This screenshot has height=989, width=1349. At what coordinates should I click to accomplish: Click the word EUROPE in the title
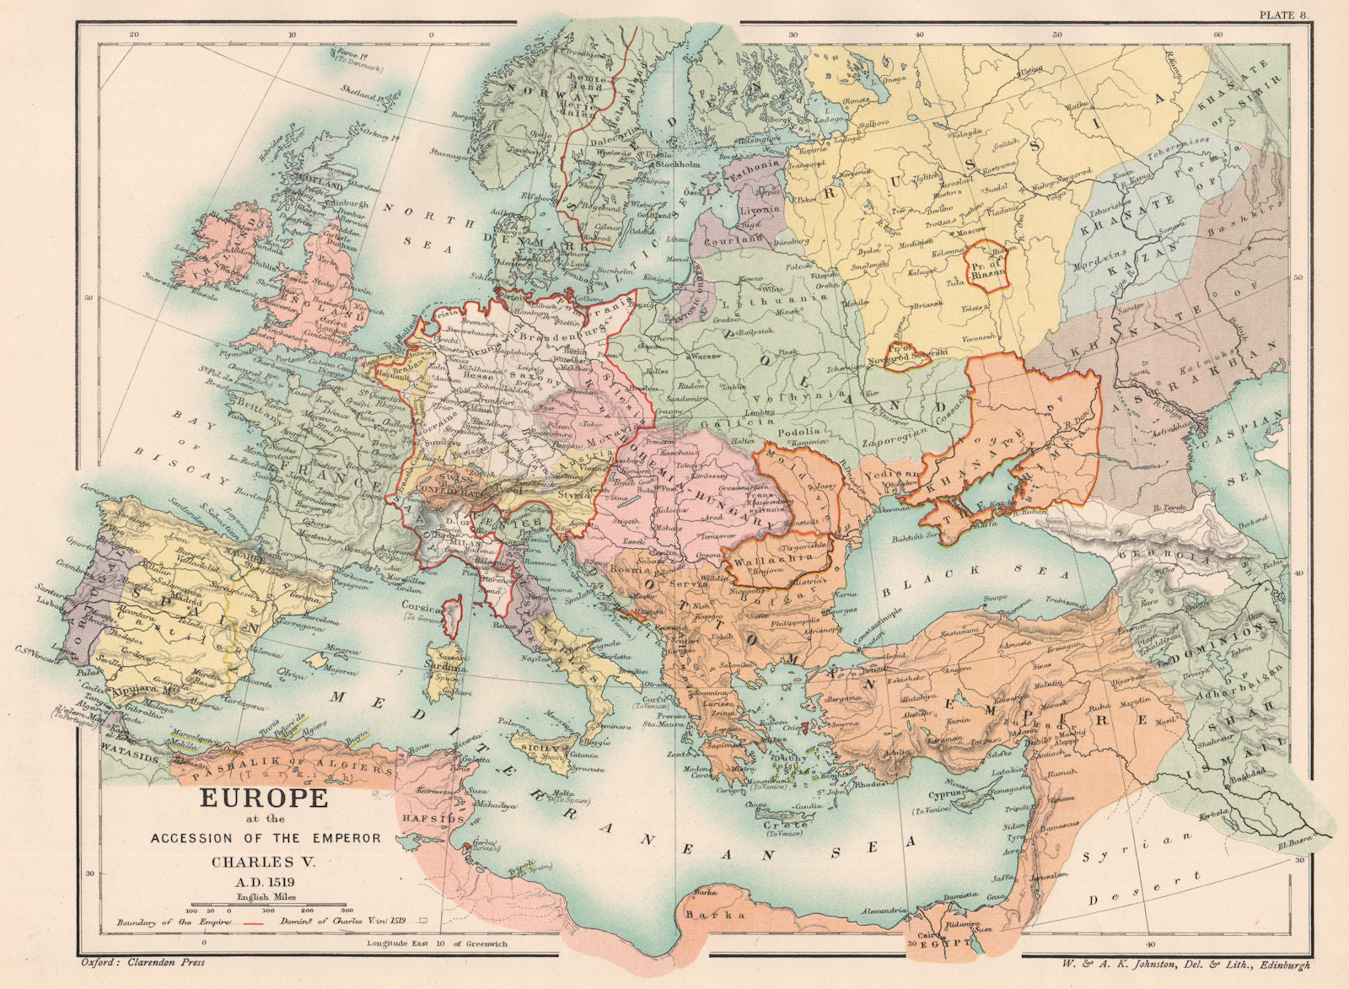click(263, 798)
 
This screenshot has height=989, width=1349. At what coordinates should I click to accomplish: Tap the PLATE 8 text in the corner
click(1287, 14)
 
